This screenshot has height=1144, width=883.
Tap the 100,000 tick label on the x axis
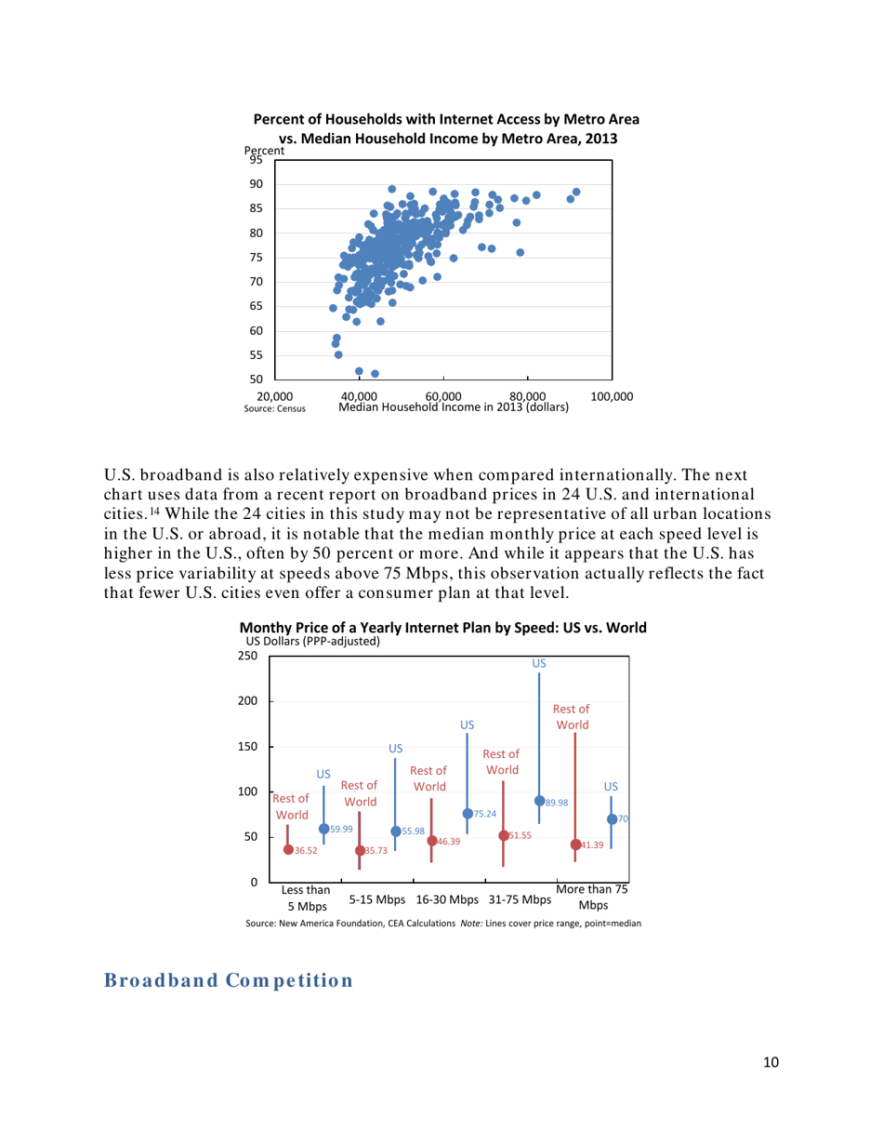coord(611,396)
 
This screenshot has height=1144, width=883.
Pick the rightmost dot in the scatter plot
coord(576,192)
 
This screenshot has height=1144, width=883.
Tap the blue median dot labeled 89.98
coord(539,801)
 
